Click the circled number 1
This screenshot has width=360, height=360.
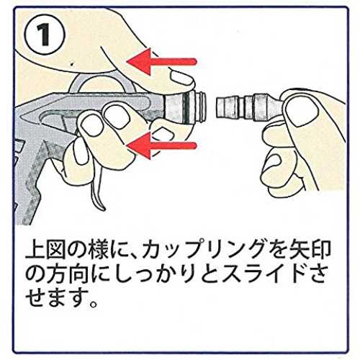(45, 36)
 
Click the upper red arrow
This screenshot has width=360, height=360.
(161, 62)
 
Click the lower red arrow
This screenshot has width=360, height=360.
(161, 145)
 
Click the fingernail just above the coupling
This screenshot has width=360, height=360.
(181, 77)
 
